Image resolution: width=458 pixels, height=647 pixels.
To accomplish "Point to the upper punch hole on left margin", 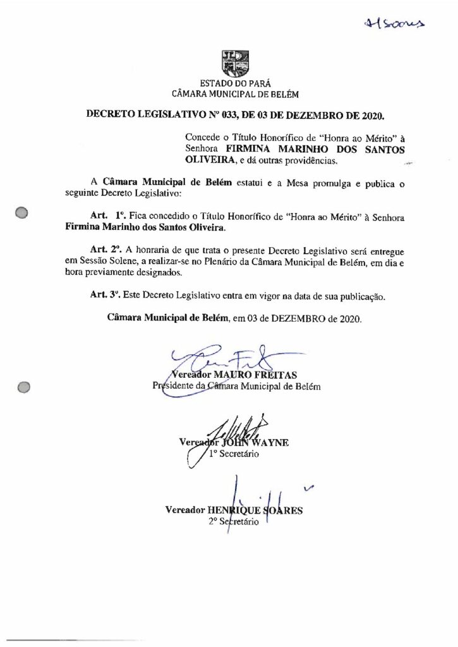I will coord(22,213).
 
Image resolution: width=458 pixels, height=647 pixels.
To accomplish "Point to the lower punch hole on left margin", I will coord(23,387).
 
